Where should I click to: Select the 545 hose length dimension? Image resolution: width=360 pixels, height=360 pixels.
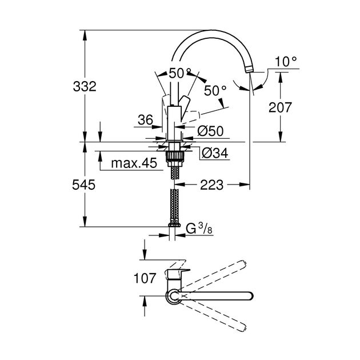[83, 185]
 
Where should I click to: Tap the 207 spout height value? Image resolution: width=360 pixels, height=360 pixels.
[280, 107]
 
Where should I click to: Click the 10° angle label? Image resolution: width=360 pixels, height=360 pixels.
[286, 61]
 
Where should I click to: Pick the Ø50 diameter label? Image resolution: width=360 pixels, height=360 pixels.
[210, 131]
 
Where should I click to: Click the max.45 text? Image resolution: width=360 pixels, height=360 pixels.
[133, 164]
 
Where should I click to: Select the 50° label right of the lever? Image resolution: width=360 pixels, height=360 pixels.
[215, 90]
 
